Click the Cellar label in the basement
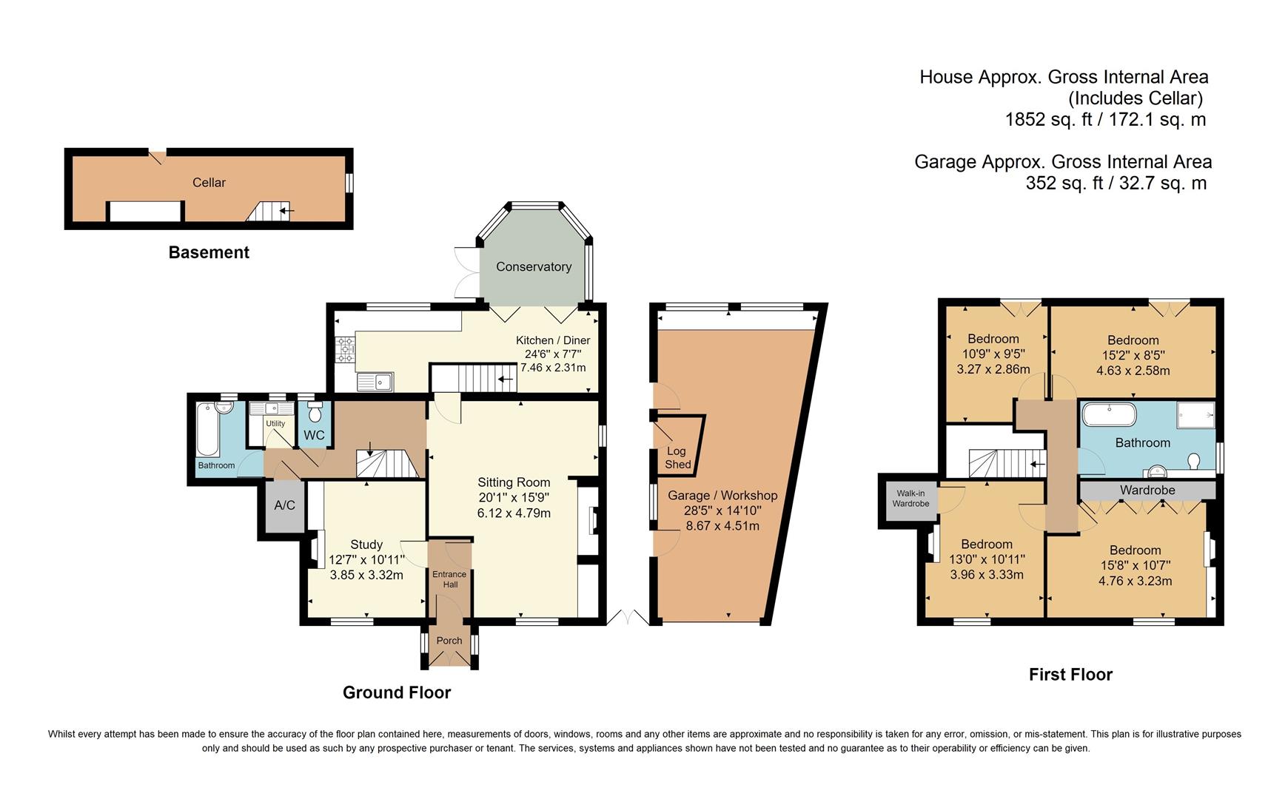(209, 183)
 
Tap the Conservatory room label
(534, 267)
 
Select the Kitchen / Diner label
(553, 340)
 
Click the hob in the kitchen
(345, 350)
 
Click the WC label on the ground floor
(314, 435)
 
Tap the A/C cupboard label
(284, 505)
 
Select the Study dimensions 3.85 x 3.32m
(366, 575)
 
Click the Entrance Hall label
(450, 579)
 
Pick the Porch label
(449, 641)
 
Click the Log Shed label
(677, 458)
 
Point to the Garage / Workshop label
(722, 496)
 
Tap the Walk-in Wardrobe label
(910, 499)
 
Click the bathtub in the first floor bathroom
(1109, 414)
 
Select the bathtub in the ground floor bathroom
(207, 430)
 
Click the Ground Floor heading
(397, 692)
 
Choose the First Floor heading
(1070, 675)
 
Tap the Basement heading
(209, 252)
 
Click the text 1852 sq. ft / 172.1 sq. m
(1105, 119)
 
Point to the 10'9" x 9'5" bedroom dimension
(993, 354)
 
